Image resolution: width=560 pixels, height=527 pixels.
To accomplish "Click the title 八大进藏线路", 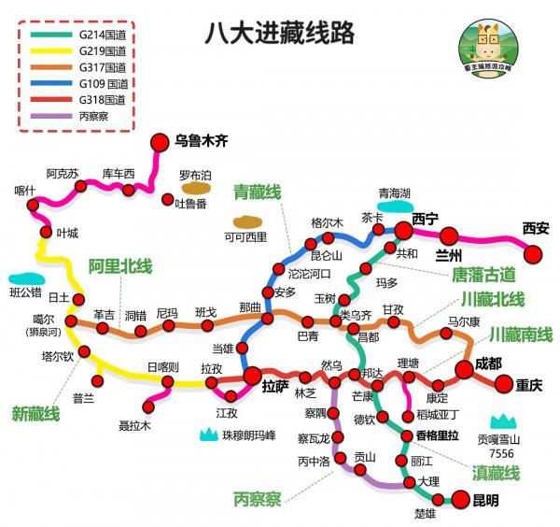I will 279,34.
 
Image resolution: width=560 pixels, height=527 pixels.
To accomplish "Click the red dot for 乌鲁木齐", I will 158,142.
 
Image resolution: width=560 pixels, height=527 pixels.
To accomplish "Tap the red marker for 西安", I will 534,253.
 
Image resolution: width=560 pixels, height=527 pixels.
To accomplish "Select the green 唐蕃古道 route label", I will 483,274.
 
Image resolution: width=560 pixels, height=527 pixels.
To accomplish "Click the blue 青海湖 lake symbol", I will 393,207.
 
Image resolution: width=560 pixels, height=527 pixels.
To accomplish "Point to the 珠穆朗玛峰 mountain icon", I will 207,433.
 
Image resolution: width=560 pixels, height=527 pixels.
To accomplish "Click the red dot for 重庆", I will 504,382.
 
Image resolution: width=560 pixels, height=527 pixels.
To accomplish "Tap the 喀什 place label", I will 25,190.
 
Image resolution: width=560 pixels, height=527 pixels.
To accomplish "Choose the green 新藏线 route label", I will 35,413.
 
